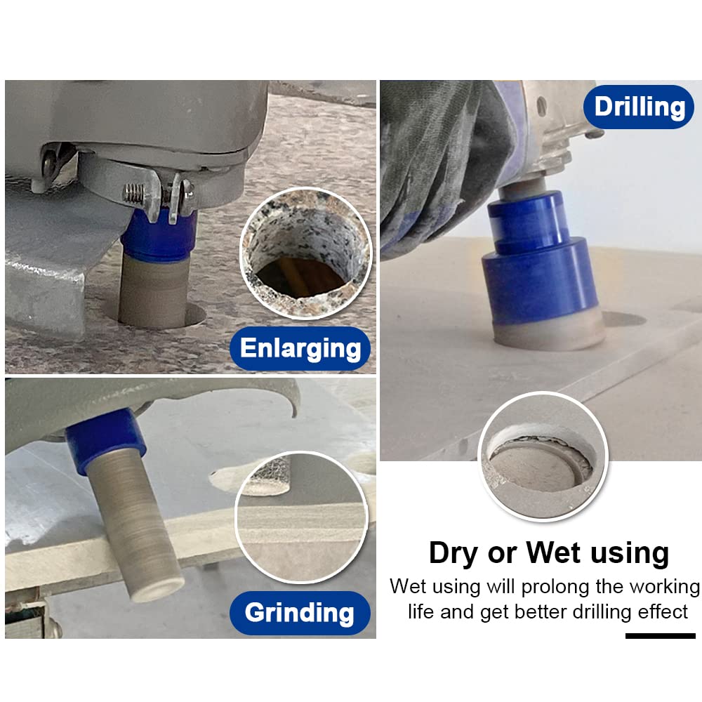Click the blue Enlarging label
point(300,348)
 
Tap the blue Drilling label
point(639,107)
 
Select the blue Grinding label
point(300,612)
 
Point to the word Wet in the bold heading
point(553,552)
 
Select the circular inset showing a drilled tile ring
point(543,457)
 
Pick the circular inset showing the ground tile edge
point(302,517)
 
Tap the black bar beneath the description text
point(661,636)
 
